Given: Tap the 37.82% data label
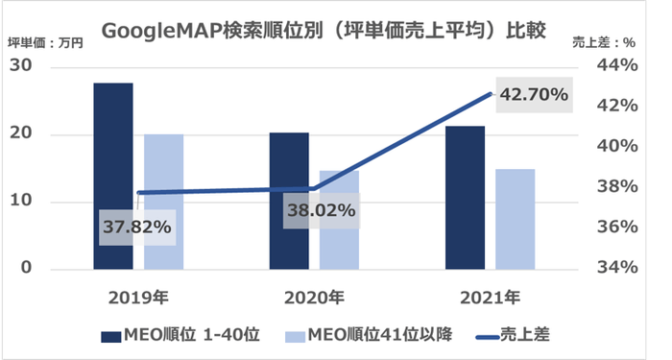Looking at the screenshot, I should pyautogui.click(x=138, y=228).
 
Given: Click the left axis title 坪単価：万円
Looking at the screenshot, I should pyautogui.click(x=46, y=41).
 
